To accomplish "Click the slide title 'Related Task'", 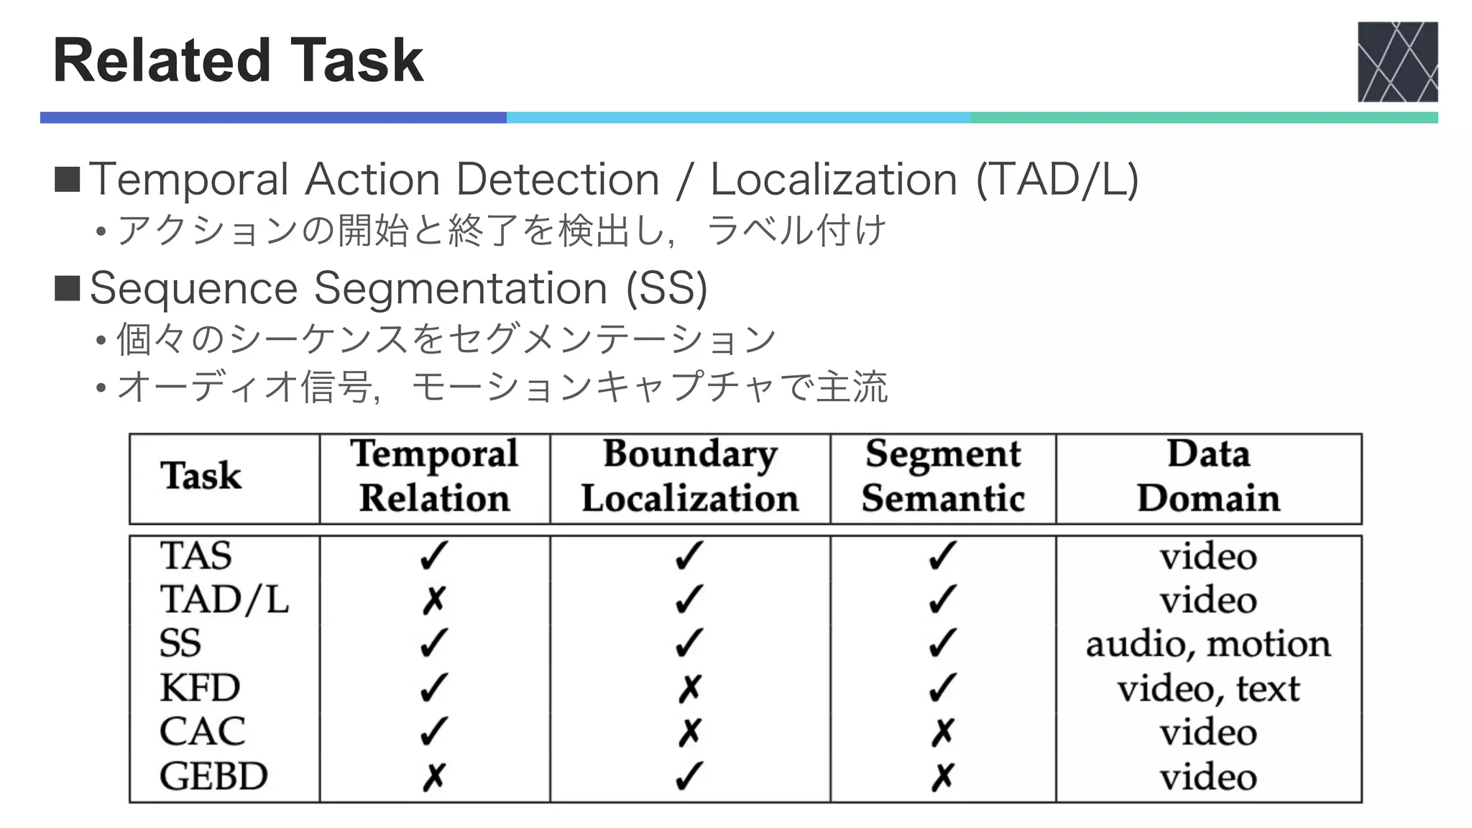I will click(x=238, y=60).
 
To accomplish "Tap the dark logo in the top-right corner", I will click(x=1397, y=62).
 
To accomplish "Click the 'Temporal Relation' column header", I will click(x=434, y=476).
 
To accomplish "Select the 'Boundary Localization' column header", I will click(x=690, y=476).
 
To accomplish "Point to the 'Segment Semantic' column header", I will click(x=943, y=476).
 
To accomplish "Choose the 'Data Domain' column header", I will click(x=1208, y=476).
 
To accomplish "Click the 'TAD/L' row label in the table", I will click(x=224, y=599).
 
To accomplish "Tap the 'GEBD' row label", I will click(x=213, y=776).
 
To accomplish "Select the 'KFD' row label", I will click(x=200, y=688).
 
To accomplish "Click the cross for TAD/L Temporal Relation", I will click(x=434, y=600).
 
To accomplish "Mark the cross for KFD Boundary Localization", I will click(x=689, y=689).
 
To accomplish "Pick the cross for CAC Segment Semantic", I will click(x=942, y=732).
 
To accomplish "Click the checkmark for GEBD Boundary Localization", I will click(x=689, y=776).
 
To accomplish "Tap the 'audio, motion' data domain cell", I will click(x=1208, y=644).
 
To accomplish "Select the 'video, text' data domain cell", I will click(x=1208, y=689).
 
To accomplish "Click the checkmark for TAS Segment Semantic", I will click(x=942, y=556).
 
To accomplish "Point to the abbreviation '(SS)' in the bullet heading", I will click(x=666, y=289).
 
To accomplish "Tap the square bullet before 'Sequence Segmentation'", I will click(x=68, y=289).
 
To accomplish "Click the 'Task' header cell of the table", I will click(x=201, y=476).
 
